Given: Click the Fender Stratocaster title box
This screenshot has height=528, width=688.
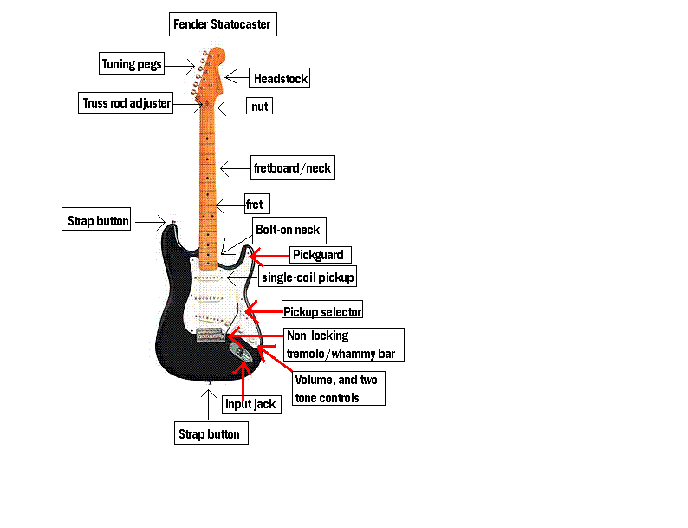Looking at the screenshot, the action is click(223, 24).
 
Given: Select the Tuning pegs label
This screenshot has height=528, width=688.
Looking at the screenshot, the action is click(132, 63).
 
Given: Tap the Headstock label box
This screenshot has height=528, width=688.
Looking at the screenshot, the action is click(280, 78).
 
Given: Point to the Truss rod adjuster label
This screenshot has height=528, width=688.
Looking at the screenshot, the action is click(126, 102).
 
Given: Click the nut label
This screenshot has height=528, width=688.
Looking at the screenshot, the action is click(259, 106).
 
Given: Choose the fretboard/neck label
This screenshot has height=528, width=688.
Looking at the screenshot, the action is click(293, 167).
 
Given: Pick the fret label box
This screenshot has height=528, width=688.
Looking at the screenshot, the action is click(257, 204).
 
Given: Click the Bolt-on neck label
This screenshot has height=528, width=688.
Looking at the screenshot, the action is click(289, 231).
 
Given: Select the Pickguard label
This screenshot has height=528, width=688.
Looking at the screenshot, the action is click(321, 255).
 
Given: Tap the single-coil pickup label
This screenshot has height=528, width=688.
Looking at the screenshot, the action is click(307, 277).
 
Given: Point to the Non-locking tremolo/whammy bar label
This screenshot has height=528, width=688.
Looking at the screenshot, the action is click(343, 344).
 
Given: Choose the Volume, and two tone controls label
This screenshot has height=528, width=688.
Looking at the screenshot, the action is click(339, 388).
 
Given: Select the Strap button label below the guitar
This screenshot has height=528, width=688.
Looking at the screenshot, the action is click(211, 433).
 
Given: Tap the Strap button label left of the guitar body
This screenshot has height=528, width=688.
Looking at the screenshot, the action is click(96, 219).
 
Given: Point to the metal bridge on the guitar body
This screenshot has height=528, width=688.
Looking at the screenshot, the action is click(211, 335).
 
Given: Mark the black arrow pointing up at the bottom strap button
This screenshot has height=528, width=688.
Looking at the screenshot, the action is click(209, 404).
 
